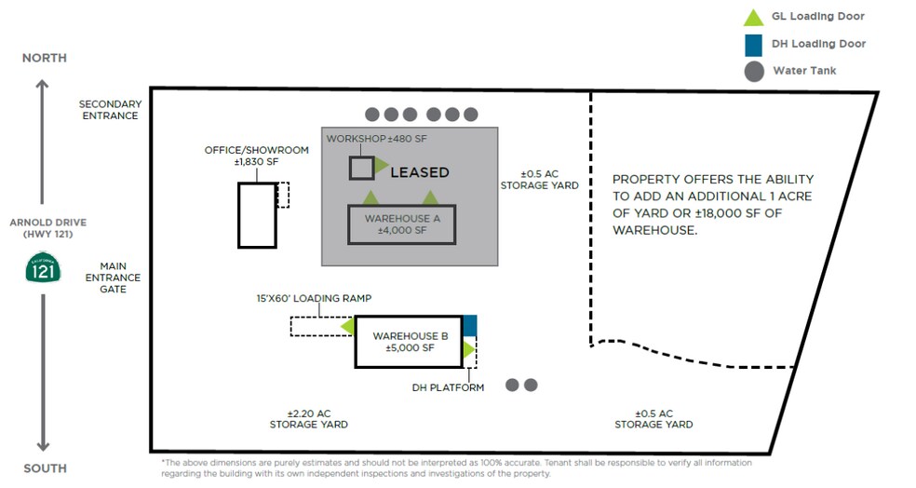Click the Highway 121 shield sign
[x=43, y=271]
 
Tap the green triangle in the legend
[x=753, y=17]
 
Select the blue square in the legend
[x=753, y=44]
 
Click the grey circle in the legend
[x=753, y=71]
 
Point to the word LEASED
[x=419, y=172]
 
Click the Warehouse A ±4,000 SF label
[x=402, y=224]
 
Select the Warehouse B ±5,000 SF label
[x=411, y=342]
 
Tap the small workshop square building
[x=361, y=168]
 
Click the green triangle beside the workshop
[x=382, y=167]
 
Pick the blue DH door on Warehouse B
[x=469, y=325]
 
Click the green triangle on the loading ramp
[x=347, y=327]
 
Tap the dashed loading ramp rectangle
[x=317, y=327]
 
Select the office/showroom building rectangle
[x=257, y=215]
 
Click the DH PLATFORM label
[x=448, y=387]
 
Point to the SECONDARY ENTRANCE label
[x=110, y=110]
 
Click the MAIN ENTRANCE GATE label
[x=113, y=277]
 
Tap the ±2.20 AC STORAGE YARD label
[x=309, y=419]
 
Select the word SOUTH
[x=45, y=468]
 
